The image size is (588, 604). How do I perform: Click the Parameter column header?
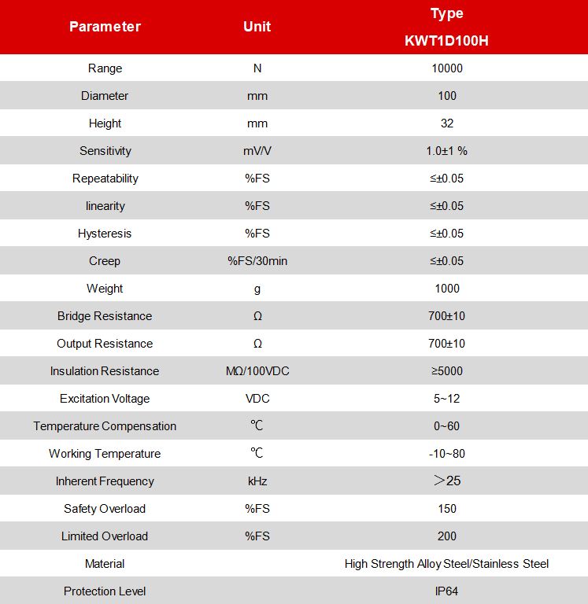click(x=105, y=27)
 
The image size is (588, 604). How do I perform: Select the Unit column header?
click(x=257, y=27)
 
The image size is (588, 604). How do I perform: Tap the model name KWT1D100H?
click(x=446, y=41)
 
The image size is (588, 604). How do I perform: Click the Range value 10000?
click(x=446, y=68)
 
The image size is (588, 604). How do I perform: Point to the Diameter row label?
click(x=105, y=96)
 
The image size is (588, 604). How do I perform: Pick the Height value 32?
click(x=446, y=123)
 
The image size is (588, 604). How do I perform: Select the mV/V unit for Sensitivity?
click(x=257, y=151)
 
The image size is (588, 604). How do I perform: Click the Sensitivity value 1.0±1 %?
click(x=446, y=151)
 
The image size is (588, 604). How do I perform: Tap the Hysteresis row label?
click(x=105, y=234)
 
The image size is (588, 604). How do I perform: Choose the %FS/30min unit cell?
click(x=257, y=261)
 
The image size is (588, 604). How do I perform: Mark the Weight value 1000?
click(x=446, y=289)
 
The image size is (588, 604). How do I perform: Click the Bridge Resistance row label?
click(x=105, y=316)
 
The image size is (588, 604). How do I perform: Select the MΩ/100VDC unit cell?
click(x=257, y=371)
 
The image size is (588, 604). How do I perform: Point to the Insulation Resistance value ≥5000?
click(x=446, y=371)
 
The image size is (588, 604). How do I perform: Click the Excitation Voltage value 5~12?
click(x=446, y=399)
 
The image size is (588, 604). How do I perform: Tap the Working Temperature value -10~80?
click(x=446, y=454)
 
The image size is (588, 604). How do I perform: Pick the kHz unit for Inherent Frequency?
click(x=257, y=481)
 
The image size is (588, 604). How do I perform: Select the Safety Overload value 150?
click(x=446, y=509)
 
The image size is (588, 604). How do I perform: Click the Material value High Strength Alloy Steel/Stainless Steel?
click(x=446, y=564)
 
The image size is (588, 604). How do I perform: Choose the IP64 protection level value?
click(x=446, y=591)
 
